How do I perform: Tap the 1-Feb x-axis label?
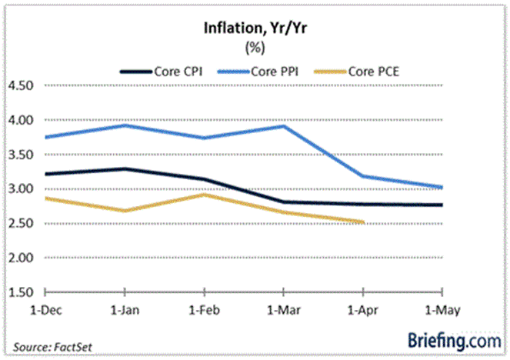[203, 311]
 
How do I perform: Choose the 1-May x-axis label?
[441, 311]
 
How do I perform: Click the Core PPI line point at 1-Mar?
[283, 126]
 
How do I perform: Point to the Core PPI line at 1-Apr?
[362, 177]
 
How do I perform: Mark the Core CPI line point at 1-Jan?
[125, 168]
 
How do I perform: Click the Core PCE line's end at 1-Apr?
[362, 223]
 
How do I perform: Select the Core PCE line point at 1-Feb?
[204, 194]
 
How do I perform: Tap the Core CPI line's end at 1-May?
[441, 205]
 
